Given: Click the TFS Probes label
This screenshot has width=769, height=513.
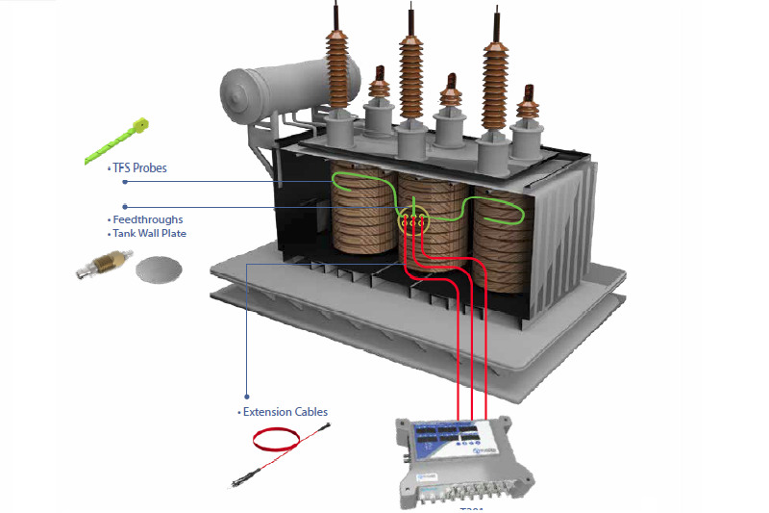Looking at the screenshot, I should [139, 168].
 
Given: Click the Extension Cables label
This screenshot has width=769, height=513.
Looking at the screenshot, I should [285, 412].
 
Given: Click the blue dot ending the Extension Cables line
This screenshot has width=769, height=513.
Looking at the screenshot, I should [246, 397].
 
